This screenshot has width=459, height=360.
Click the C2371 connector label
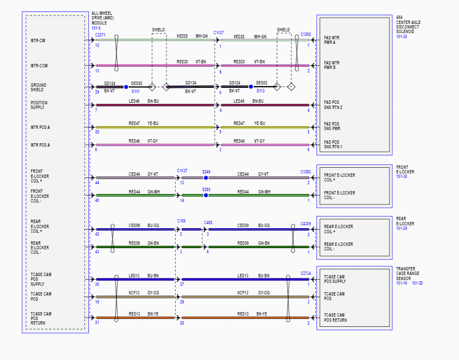pos(100,35)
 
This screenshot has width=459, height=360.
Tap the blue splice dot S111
pos(126,87)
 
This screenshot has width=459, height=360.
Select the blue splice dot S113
pos(251,87)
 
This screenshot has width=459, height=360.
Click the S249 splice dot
pos(206,178)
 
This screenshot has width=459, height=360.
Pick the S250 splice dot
pos(206,195)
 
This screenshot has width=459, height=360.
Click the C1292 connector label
pos(306,34)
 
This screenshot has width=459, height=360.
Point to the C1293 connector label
pos(306,172)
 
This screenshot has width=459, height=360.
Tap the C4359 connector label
pos(306,224)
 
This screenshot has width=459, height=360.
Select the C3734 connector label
pos(306,274)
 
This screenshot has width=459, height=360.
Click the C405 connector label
pos(208,223)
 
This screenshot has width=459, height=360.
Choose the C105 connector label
pos(181,221)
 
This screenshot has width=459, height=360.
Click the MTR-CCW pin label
pos(39,66)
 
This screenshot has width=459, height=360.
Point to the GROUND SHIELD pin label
pos(38,87)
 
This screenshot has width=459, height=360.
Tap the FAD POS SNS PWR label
pos(332,126)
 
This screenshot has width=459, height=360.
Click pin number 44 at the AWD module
pos(97,183)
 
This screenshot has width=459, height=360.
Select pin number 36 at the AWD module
pos(97,285)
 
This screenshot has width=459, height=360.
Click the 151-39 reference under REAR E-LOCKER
pos(401,228)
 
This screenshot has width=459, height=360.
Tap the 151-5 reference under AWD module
pos(96,28)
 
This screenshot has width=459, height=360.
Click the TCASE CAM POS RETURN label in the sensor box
pos(335,318)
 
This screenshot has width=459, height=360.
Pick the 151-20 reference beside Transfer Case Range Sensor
pos(417,283)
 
